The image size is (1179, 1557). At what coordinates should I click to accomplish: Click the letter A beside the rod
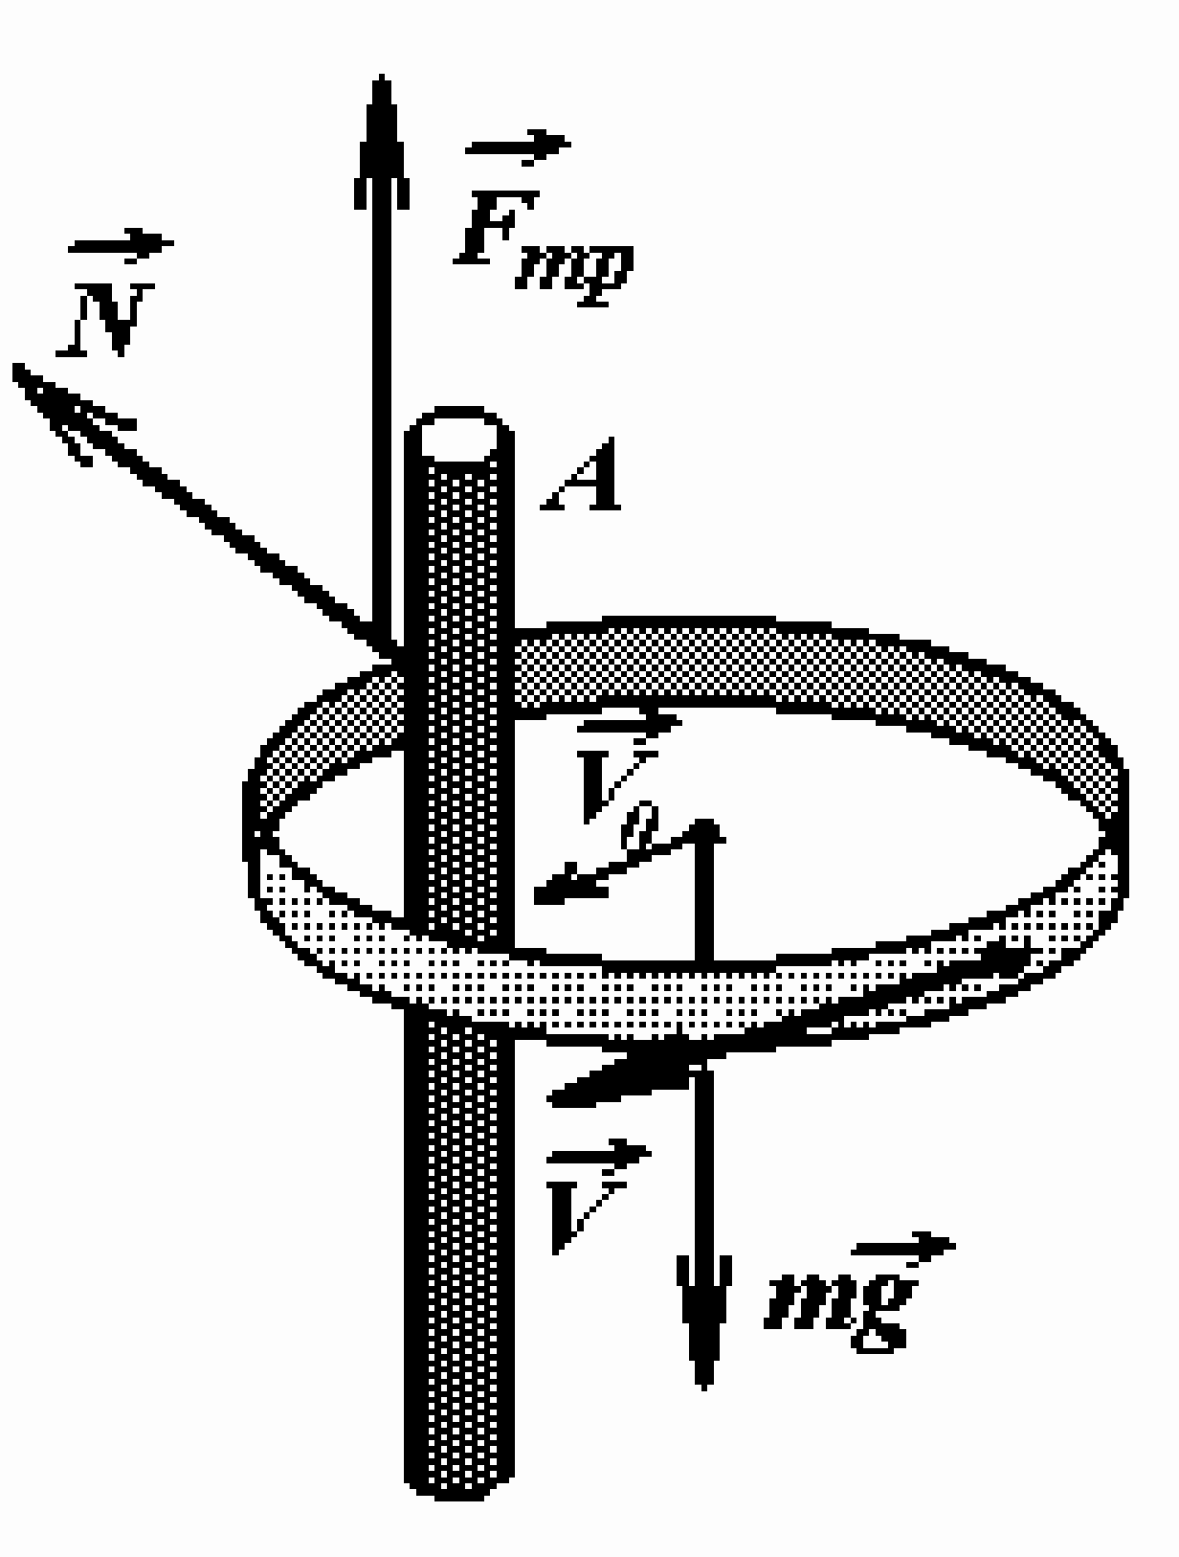[581, 474]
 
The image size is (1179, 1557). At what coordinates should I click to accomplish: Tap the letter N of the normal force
[106, 319]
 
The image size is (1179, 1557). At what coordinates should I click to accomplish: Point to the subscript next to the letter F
[574, 273]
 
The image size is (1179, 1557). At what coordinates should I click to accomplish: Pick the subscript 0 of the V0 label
[640, 825]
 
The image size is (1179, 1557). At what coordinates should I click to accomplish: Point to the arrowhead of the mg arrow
[703, 1320]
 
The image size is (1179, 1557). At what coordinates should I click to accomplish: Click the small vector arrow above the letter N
[121, 245]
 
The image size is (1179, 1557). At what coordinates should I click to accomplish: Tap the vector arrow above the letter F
[518, 146]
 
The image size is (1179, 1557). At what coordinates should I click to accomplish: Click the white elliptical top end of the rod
[459, 434]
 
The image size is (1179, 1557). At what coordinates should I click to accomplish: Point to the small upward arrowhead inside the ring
[704, 831]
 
